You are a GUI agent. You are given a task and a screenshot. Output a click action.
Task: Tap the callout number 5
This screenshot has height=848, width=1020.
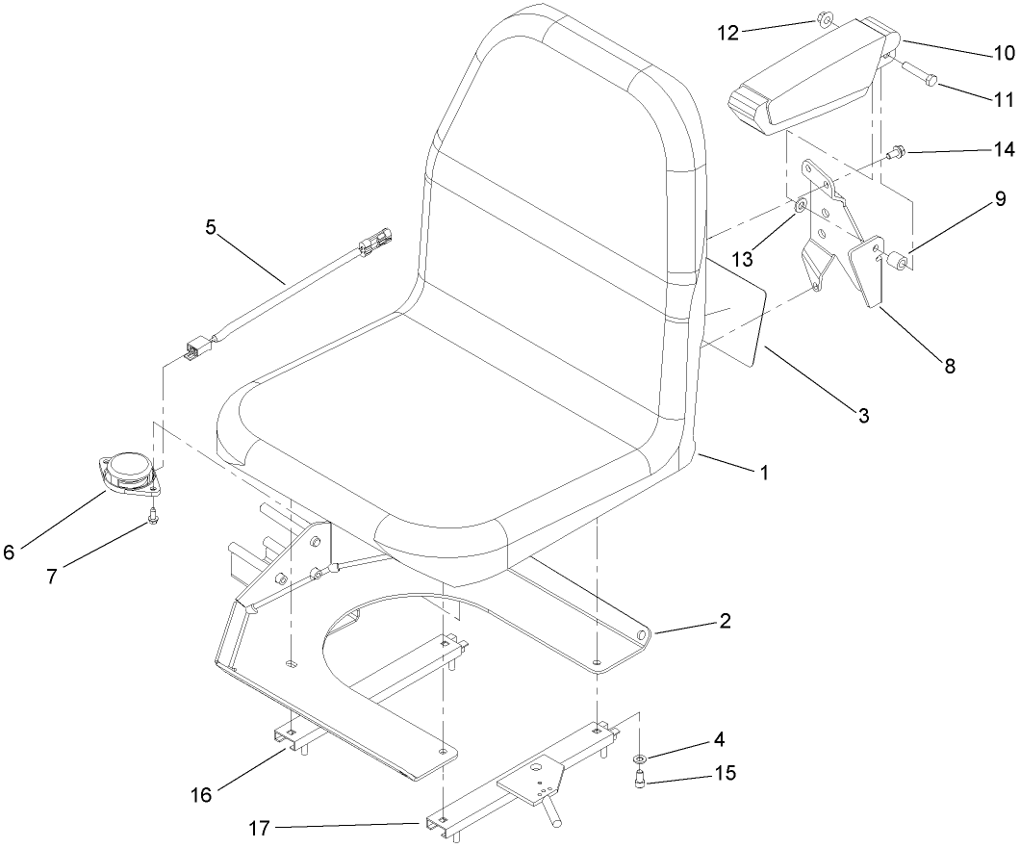(x=211, y=228)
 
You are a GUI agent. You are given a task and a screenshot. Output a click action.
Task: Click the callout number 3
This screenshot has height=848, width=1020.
(x=863, y=416)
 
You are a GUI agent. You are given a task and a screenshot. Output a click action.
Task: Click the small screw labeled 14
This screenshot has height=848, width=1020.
(x=897, y=150)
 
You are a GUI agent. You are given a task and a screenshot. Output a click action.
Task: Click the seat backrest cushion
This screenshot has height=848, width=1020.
(x=568, y=164)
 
